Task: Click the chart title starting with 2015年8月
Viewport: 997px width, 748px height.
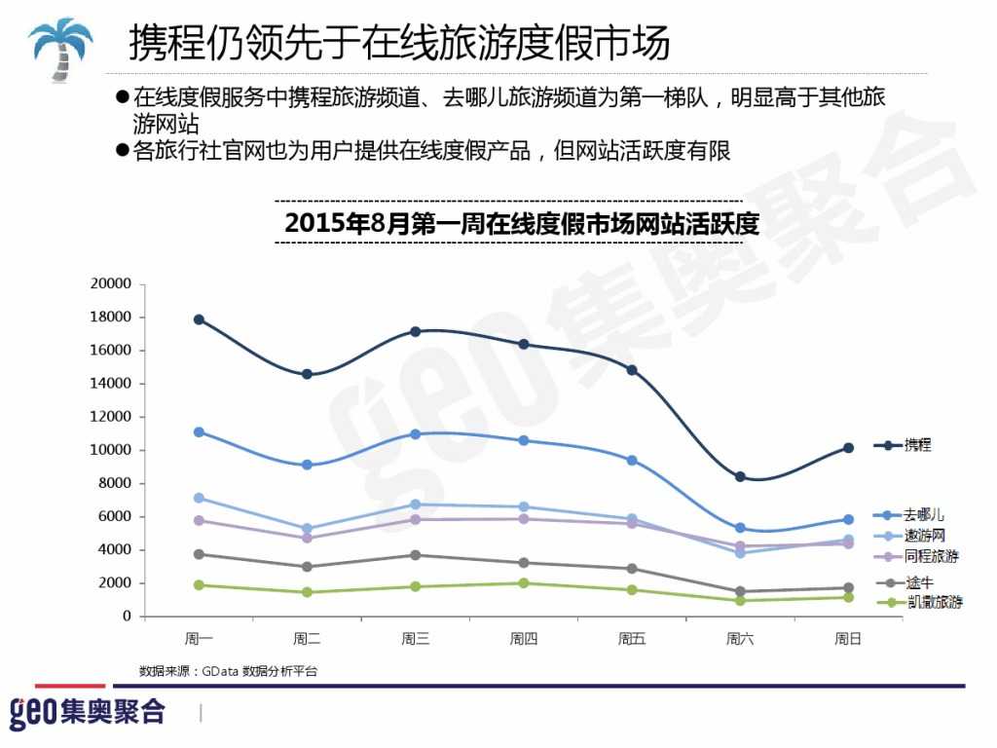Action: coord(522,223)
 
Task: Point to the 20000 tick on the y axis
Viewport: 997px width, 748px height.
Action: coord(109,283)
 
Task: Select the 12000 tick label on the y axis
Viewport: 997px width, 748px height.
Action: coord(109,417)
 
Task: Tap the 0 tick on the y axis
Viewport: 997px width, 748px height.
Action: coord(126,617)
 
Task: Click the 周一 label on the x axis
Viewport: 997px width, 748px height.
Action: coord(199,640)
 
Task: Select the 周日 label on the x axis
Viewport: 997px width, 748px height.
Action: coord(848,640)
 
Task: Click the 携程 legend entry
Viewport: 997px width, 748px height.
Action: coord(915,445)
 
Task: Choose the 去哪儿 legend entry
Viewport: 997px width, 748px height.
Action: coord(921,514)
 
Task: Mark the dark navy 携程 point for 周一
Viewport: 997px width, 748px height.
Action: coord(199,319)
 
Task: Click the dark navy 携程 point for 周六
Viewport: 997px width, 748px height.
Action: coord(740,476)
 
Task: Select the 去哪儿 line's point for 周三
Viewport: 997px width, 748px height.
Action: coord(416,434)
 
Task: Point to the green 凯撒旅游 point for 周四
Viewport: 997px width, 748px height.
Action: coord(524,583)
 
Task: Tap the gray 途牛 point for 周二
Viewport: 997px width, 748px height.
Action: coord(307,567)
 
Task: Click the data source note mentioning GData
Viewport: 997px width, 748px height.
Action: coord(228,671)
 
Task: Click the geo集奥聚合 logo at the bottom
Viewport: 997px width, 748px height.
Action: coord(88,712)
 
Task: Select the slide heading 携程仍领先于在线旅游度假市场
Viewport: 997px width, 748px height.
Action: coord(399,43)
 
